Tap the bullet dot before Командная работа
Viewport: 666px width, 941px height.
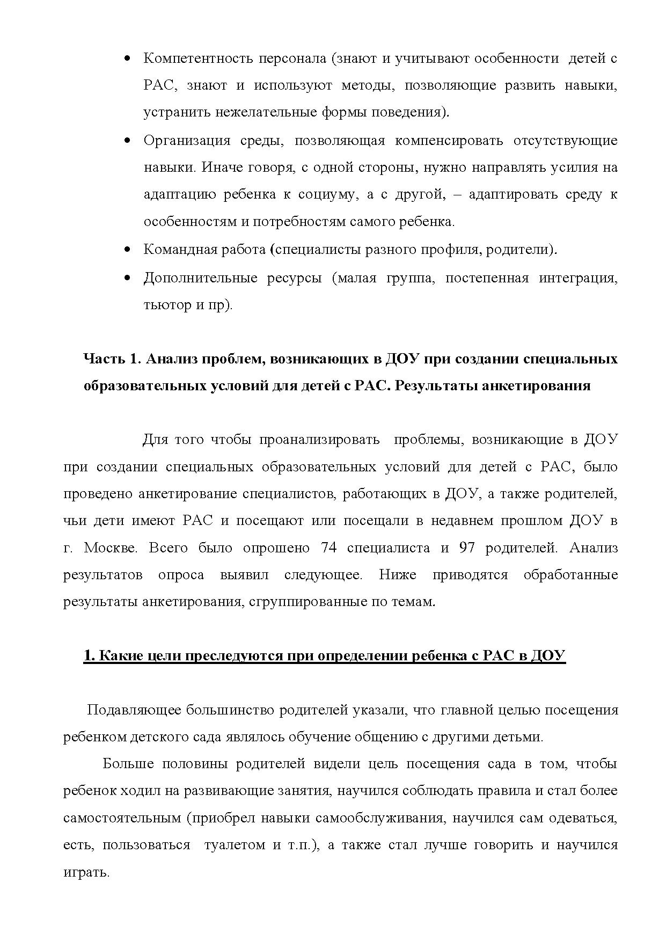(127, 250)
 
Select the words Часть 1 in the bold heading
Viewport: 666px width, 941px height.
(112, 359)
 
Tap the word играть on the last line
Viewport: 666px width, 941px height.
(86, 872)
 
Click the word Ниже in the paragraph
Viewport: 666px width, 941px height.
(397, 575)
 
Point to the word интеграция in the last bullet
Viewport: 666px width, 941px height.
(578, 278)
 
